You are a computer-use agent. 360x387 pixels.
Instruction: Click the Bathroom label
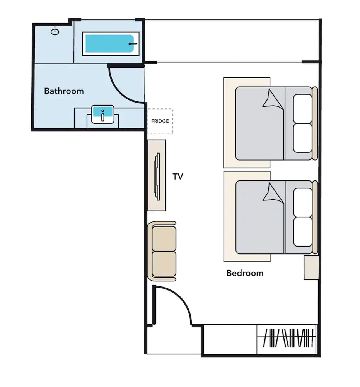click(x=64, y=91)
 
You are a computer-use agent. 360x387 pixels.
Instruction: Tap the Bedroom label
click(x=245, y=273)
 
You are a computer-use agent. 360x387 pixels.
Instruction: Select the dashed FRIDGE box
click(x=160, y=121)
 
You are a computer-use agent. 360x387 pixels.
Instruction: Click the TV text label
click(x=178, y=176)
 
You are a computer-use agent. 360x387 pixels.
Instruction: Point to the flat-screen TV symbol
click(x=157, y=176)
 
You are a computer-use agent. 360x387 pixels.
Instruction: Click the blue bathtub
click(x=109, y=44)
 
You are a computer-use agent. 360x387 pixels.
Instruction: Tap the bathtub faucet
click(x=133, y=44)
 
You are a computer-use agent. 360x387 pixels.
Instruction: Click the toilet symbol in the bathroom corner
click(x=55, y=32)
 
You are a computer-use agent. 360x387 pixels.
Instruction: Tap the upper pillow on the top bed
click(x=302, y=108)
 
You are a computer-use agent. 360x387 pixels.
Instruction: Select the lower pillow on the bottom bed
click(x=303, y=232)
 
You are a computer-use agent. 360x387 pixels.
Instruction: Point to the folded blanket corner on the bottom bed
click(x=273, y=193)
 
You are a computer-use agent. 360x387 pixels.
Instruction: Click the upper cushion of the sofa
click(x=164, y=238)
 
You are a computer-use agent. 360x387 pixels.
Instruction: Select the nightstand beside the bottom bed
click(x=311, y=267)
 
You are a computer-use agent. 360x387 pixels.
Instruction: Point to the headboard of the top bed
click(x=315, y=123)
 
